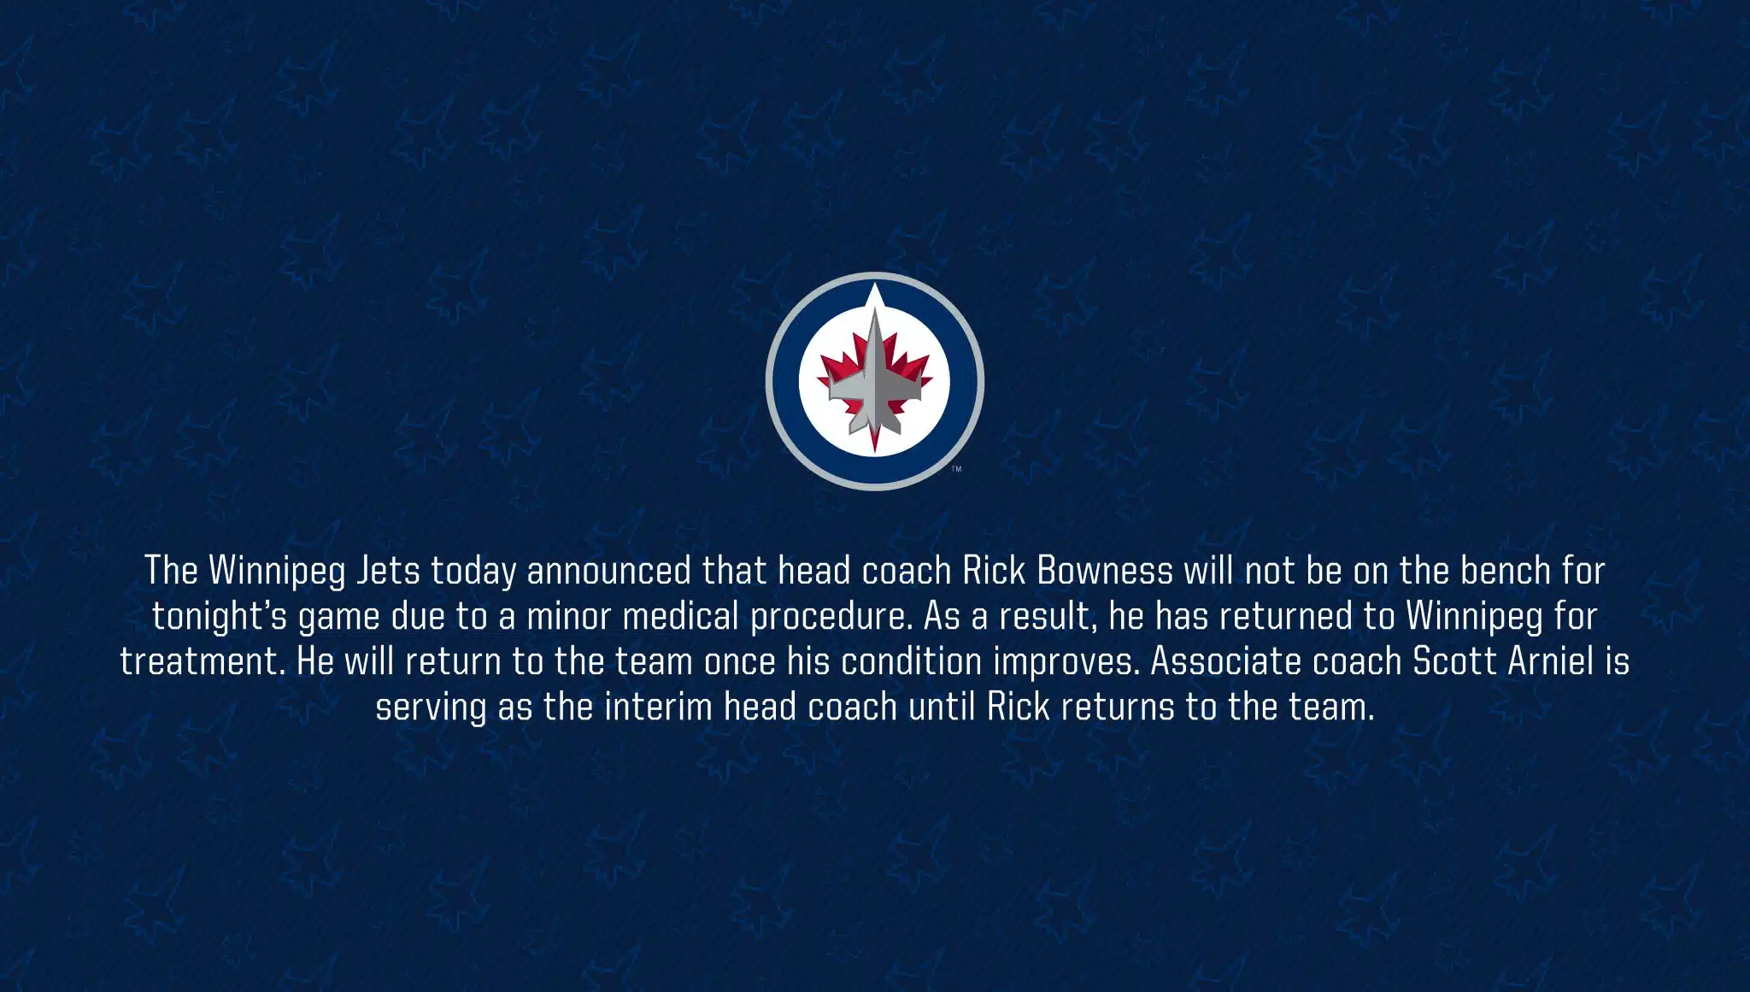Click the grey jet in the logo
[x=874, y=376]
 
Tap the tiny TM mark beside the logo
[x=957, y=469]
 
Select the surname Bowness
[x=1105, y=571]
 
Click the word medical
[x=680, y=616]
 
